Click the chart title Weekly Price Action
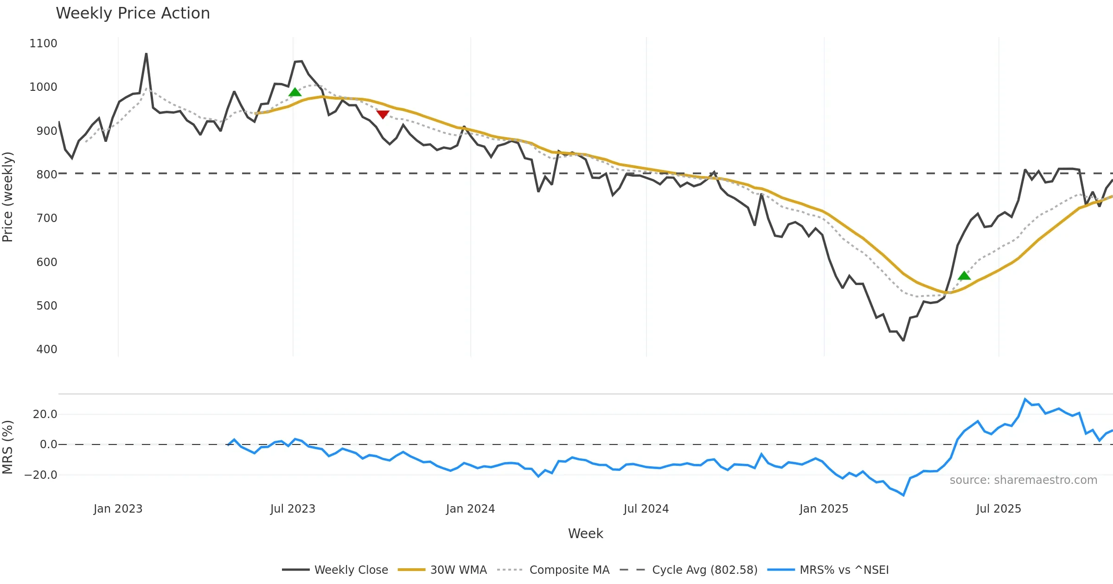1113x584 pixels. click(x=133, y=13)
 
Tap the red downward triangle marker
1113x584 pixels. click(x=383, y=114)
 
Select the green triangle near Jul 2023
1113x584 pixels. click(x=295, y=92)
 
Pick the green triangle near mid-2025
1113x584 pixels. click(x=964, y=276)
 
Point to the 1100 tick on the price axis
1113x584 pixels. click(x=43, y=44)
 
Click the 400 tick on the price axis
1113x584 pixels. click(x=47, y=349)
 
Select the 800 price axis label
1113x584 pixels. click(x=47, y=174)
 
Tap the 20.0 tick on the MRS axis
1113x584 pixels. click(x=45, y=414)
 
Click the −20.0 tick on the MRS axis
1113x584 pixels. click(x=41, y=475)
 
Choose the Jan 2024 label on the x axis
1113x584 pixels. click(x=470, y=508)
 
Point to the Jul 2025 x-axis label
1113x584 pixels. click(x=998, y=508)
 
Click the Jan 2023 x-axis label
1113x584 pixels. click(x=118, y=508)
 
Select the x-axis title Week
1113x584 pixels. click(x=585, y=533)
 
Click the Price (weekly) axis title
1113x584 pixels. click(x=8, y=197)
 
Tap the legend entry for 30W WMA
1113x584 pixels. click(x=458, y=570)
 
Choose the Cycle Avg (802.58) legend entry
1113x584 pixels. click(x=704, y=570)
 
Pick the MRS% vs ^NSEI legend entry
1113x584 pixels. click(x=844, y=570)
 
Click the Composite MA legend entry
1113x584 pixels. click(x=569, y=570)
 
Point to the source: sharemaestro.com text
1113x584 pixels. click(x=1023, y=480)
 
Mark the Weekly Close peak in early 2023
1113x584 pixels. click(x=146, y=54)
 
